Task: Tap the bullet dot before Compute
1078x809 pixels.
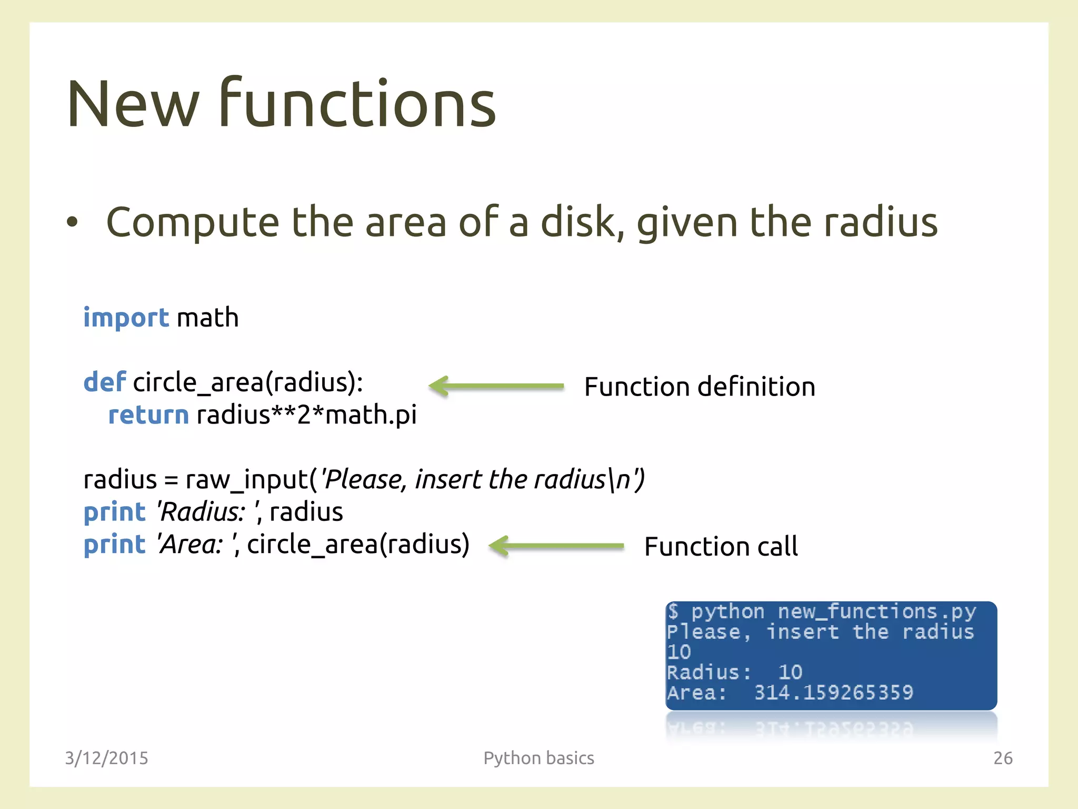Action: (x=72, y=223)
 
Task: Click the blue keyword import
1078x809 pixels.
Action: (x=126, y=318)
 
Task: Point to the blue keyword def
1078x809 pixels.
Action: (x=104, y=382)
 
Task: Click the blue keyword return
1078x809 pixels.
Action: (x=148, y=415)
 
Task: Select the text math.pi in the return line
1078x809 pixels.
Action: (x=371, y=415)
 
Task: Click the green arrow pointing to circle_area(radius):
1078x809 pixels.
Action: (x=496, y=386)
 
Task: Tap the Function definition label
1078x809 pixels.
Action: (x=700, y=387)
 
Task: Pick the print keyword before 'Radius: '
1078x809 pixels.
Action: (x=114, y=512)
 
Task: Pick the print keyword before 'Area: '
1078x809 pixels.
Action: (x=114, y=545)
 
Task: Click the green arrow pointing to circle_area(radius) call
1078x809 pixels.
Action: (x=556, y=546)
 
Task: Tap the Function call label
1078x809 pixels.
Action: (x=721, y=547)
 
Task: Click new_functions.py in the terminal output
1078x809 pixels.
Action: (x=876, y=612)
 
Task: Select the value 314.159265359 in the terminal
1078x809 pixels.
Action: (x=834, y=693)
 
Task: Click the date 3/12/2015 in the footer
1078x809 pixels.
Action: (x=106, y=758)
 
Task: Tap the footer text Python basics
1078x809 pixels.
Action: (x=538, y=758)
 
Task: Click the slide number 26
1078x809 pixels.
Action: (x=1003, y=758)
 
